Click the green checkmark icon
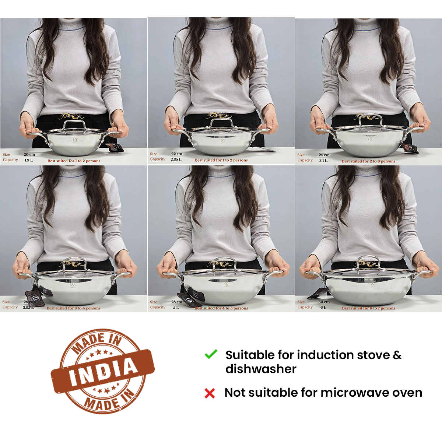(211, 354)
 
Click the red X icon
(210, 393)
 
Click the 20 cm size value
(29, 155)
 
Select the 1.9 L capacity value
(29, 160)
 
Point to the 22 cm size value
(177, 154)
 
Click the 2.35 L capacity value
(176, 159)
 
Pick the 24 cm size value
(324, 155)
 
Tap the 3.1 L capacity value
(323, 161)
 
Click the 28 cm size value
(177, 302)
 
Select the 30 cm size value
(324, 302)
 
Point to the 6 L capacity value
(323, 308)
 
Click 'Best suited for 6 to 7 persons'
(368, 308)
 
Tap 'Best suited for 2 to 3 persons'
(368, 161)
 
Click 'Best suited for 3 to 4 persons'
(74, 308)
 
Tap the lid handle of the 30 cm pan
(368, 259)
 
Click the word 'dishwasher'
(261, 369)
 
